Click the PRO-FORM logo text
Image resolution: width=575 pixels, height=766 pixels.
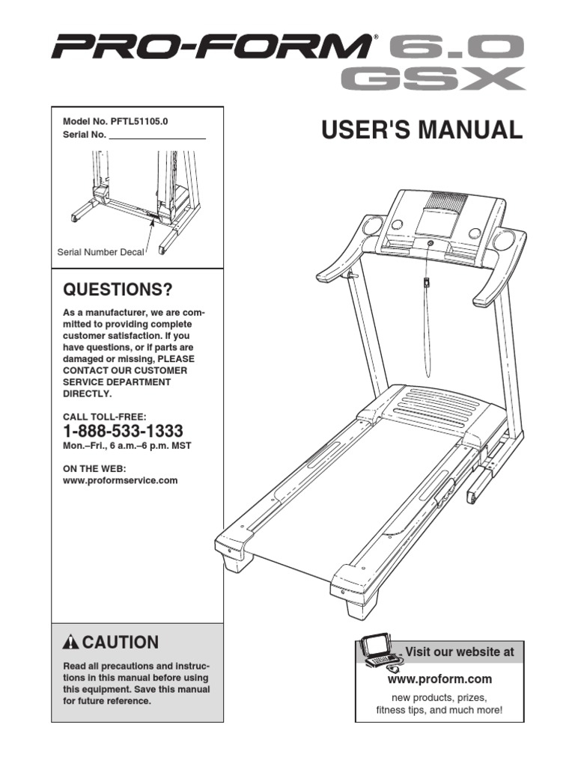pyautogui.click(x=210, y=50)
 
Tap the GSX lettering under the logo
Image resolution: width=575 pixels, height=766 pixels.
pyautogui.click(x=431, y=79)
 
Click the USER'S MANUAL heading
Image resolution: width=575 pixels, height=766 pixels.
pyautogui.click(x=422, y=130)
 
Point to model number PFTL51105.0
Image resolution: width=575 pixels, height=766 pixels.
pyautogui.click(x=115, y=122)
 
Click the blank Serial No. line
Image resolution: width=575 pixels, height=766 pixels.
pyautogui.click(x=157, y=135)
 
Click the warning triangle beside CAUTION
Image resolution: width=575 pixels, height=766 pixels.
pyautogui.click(x=71, y=643)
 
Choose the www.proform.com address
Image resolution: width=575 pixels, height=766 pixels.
pyautogui.click(x=439, y=679)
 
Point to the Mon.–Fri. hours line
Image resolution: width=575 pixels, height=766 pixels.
pyautogui.click(x=127, y=446)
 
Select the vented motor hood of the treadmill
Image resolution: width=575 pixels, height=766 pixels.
pyautogui.click(x=433, y=405)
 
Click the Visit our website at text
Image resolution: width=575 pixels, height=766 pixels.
pyautogui.click(x=460, y=652)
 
